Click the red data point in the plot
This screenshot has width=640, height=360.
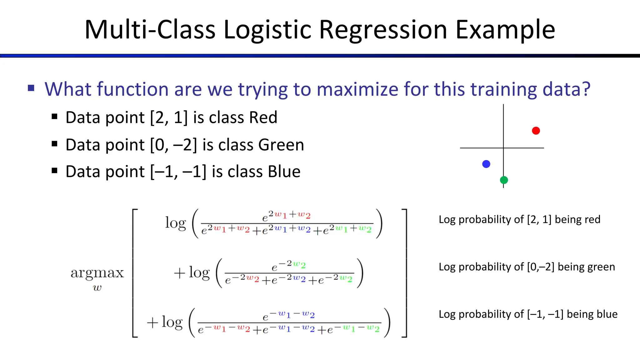tap(536, 131)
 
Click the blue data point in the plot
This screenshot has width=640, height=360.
tap(486, 164)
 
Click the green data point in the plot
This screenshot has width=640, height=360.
tap(504, 180)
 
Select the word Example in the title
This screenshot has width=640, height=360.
tap(505, 30)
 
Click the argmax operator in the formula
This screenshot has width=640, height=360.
tap(97, 272)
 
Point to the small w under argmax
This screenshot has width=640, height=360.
tap(97, 288)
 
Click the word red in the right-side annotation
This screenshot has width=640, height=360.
tap(592, 219)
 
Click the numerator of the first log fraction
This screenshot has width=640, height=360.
tap(286, 216)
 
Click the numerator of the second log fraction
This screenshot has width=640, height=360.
tap(288, 266)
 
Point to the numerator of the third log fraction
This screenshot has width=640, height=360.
tap(288, 316)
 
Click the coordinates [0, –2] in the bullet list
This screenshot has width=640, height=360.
tap(173, 145)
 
